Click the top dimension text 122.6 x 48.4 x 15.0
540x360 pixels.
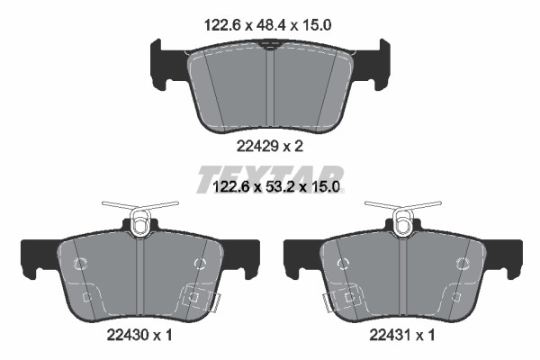pos(267,25)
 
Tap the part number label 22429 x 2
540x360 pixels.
pos(270,147)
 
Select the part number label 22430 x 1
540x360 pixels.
pos(139,335)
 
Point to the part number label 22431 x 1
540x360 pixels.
pos(402,335)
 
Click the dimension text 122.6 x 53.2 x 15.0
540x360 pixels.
pos(276,187)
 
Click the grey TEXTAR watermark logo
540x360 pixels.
pos(270,179)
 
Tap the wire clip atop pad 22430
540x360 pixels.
pos(140,217)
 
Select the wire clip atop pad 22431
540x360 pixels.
pos(403,217)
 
